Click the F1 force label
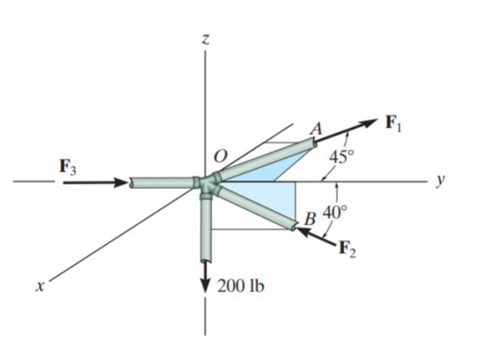tap(395, 125)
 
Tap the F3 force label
tap(69, 167)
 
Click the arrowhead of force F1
tap(371, 122)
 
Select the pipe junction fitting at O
tap(208, 185)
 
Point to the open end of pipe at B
tap(291, 225)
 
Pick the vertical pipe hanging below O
tap(205, 228)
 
